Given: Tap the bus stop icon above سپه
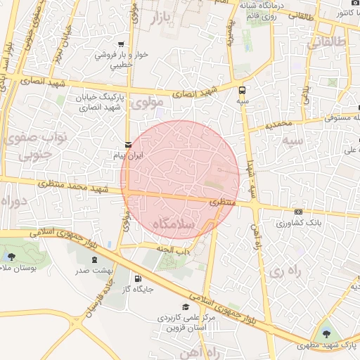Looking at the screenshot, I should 243,90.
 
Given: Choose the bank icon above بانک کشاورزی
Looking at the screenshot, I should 299,212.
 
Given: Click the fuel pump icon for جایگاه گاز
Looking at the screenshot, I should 128,278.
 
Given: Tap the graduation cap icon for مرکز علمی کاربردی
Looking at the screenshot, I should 186,307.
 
